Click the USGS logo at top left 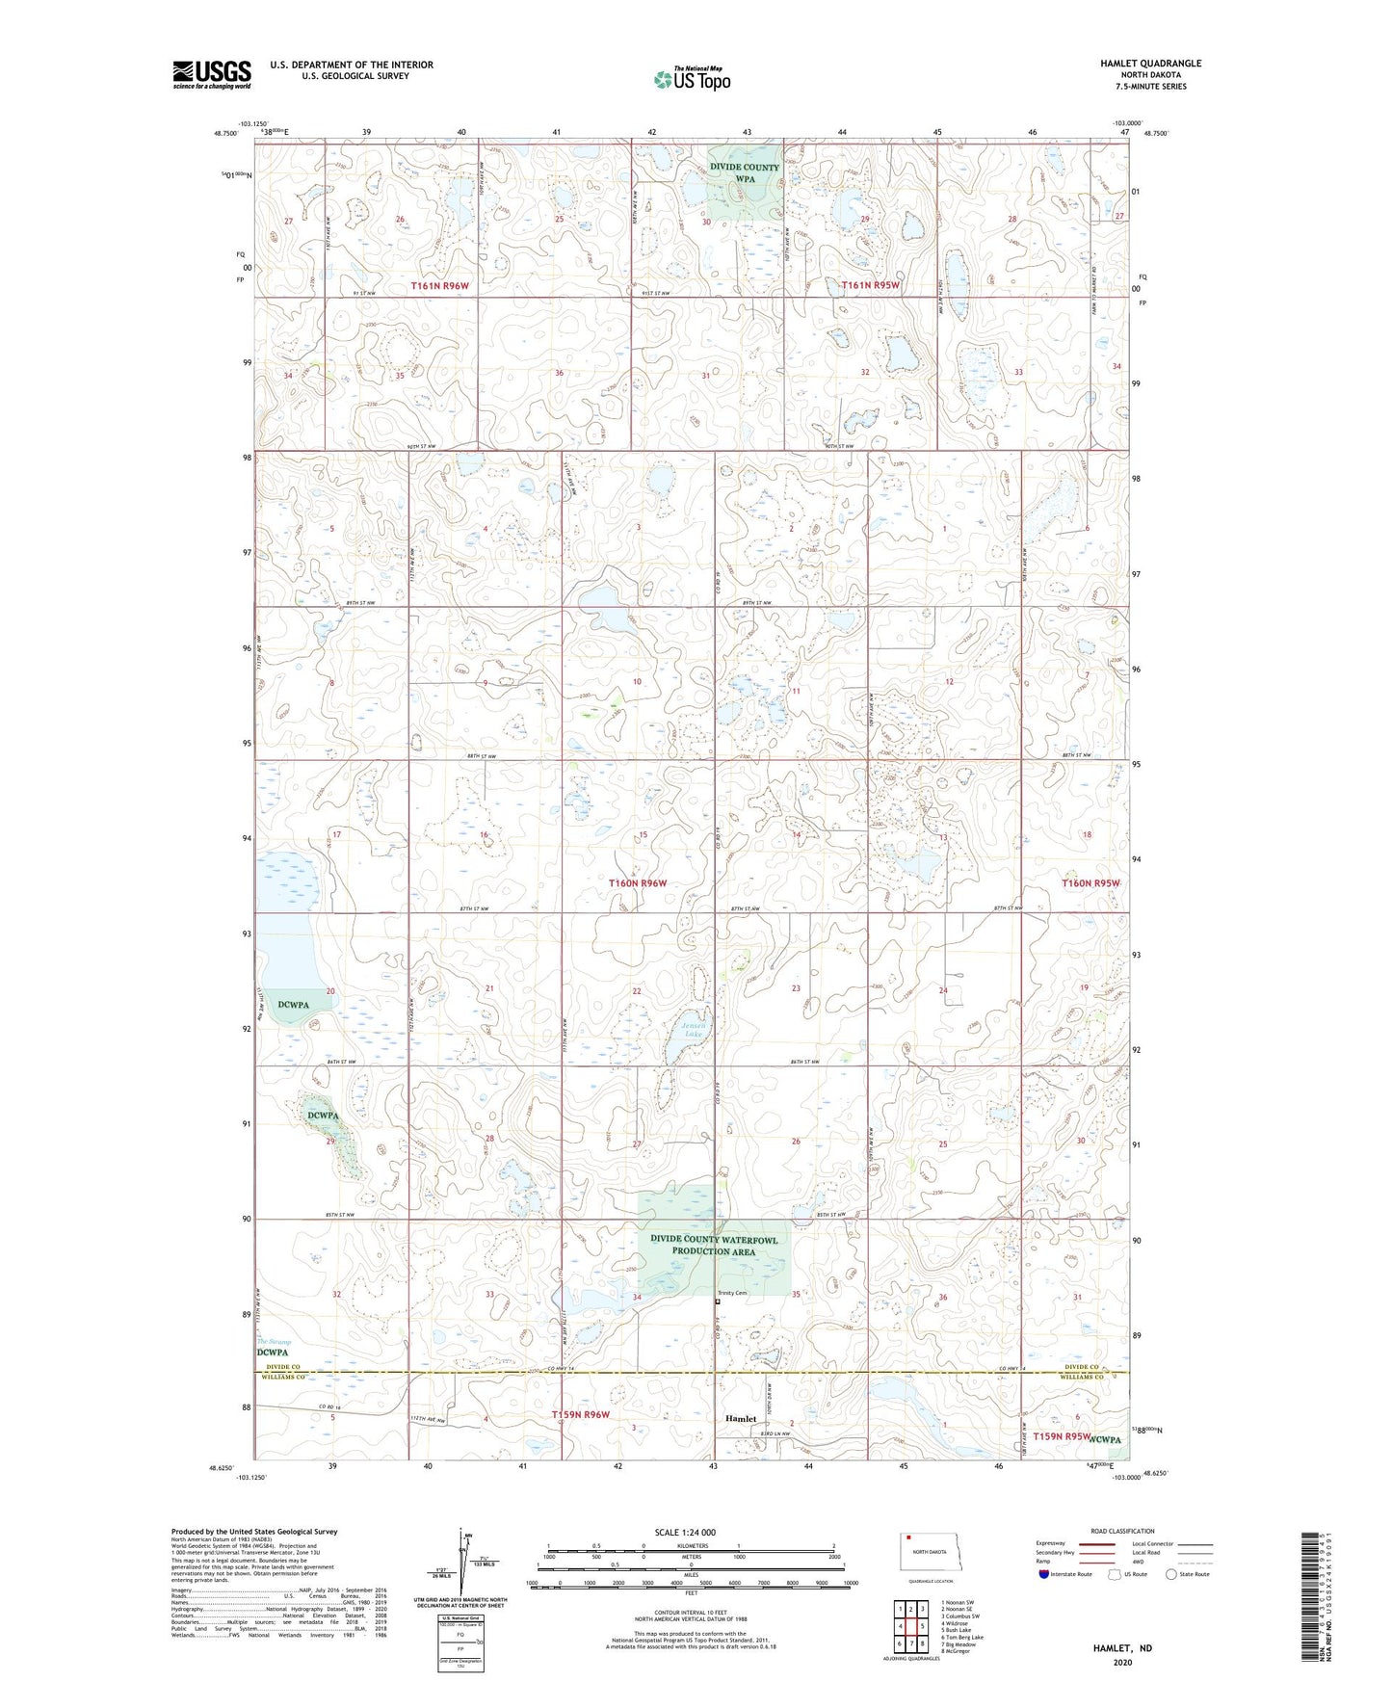[x=211, y=74]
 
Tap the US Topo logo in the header [x=692, y=78]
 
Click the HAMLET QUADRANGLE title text [x=1150, y=64]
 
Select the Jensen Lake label [x=694, y=1030]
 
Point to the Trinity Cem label [x=732, y=1293]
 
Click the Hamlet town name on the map [x=741, y=1419]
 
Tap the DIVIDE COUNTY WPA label [x=745, y=172]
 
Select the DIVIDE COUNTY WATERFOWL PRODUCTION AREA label [x=714, y=1246]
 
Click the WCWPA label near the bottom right [x=1107, y=1439]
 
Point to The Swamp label [x=273, y=1341]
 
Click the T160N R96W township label [x=637, y=883]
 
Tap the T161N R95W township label [x=870, y=285]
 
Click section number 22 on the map [x=637, y=990]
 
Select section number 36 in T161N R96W [x=559, y=373]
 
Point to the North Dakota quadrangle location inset [x=930, y=1554]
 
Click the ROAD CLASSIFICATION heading [x=1123, y=1531]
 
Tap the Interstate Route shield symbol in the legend [x=1045, y=1574]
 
